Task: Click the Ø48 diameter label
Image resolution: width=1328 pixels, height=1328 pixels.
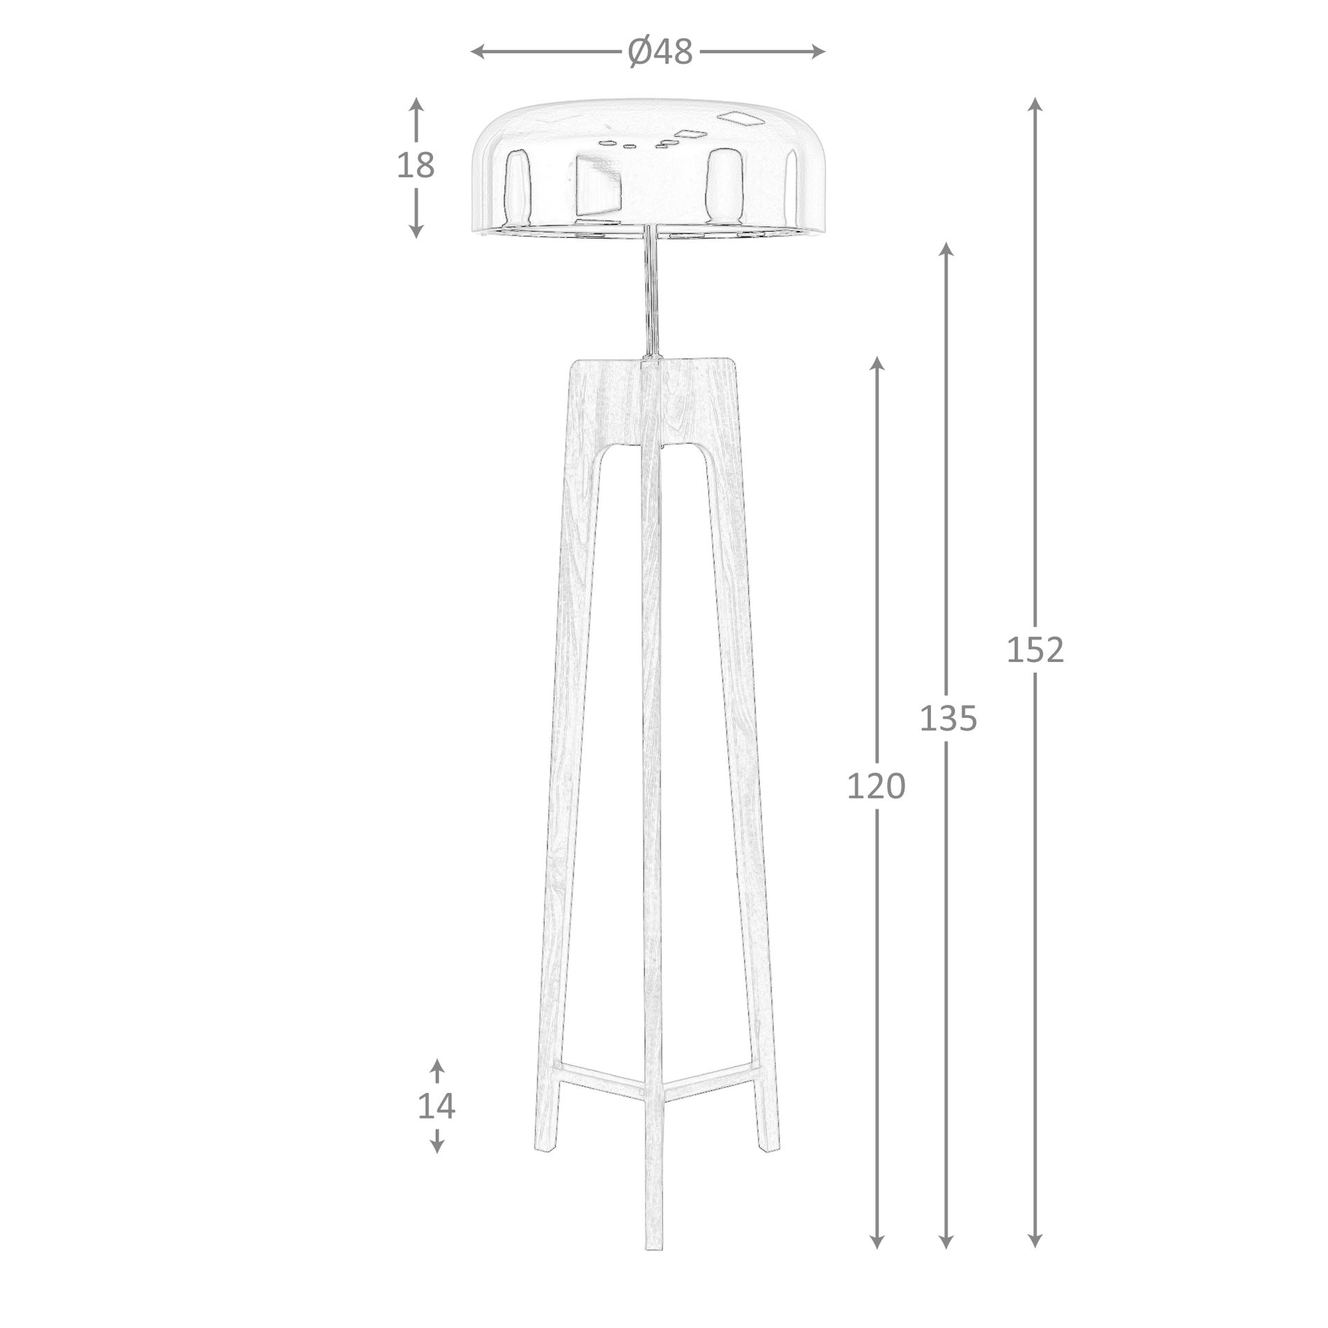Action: (660, 52)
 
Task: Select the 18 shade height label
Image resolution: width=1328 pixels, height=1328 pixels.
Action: (416, 165)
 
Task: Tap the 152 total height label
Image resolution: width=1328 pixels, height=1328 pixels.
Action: (1035, 650)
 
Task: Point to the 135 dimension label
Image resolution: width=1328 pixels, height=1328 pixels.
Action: (948, 719)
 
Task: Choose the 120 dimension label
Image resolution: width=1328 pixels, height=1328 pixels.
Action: (876, 786)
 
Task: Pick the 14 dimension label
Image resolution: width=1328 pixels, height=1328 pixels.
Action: (436, 1125)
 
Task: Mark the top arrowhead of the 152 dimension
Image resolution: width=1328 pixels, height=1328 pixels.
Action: (1035, 104)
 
